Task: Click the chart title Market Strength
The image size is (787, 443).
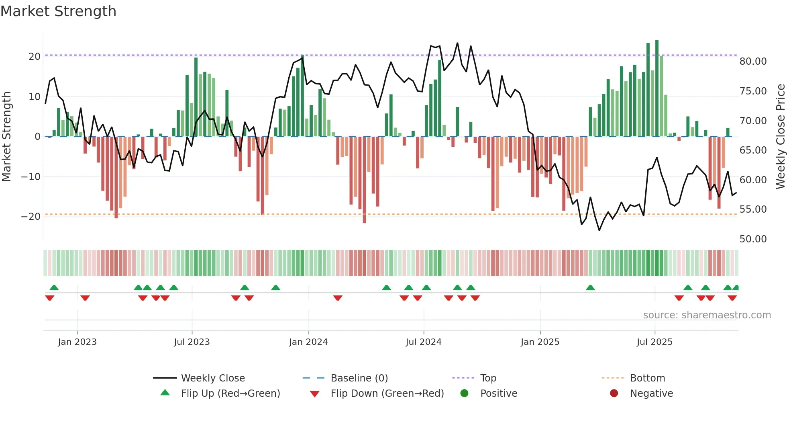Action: pos(58,11)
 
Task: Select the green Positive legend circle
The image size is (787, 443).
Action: pos(465,393)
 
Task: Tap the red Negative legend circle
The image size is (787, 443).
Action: pos(614,393)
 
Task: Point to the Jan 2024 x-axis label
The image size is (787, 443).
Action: pos(308,342)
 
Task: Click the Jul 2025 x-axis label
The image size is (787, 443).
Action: pos(654,342)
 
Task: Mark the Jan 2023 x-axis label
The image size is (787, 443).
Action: pos(77,342)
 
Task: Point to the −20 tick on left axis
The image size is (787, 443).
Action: pos(31,216)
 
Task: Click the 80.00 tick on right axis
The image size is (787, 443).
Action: pos(753,61)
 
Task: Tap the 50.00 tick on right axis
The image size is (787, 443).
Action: pos(753,239)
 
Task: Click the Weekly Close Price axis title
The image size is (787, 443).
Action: pos(780,137)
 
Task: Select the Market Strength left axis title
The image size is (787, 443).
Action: pos(6,137)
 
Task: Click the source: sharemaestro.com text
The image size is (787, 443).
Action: pos(707,315)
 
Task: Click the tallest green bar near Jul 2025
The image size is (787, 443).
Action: pos(657,88)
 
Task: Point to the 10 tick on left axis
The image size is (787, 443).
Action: pos(34,96)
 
